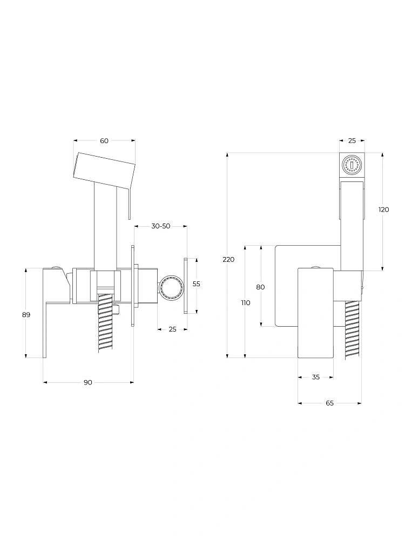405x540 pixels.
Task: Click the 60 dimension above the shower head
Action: (x=104, y=140)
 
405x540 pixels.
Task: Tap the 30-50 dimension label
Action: (x=161, y=226)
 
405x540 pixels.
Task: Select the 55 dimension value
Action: (x=197, y=284)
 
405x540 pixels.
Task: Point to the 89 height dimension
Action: (x=26, y=314)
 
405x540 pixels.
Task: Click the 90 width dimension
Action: (x=88, y=382)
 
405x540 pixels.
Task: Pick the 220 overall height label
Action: (x=228, y=259)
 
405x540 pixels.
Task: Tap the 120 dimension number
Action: (x=383, y=210)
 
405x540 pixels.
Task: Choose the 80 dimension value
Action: (x=260, y=287)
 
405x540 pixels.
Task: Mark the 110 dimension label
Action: (x=246, y=303)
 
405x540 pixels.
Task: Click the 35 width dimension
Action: (x=316, y=377)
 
